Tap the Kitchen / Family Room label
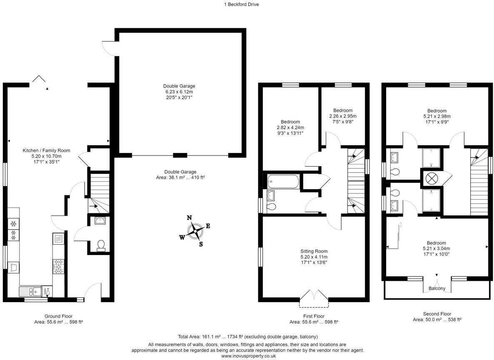pos(46,151)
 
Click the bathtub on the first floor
pos(283,182)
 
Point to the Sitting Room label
pos(314,251)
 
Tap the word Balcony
pos(437,288)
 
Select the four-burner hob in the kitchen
pos(59,266)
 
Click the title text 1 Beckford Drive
pos(241,5)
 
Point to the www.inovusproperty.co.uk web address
pos(249,356)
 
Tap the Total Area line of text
pos(248,337)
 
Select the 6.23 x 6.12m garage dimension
pos(179,92)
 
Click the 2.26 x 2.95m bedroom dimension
pos(343,116)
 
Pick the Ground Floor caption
pos(59,316)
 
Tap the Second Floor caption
pos(437,314)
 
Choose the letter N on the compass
pos(190,217)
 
